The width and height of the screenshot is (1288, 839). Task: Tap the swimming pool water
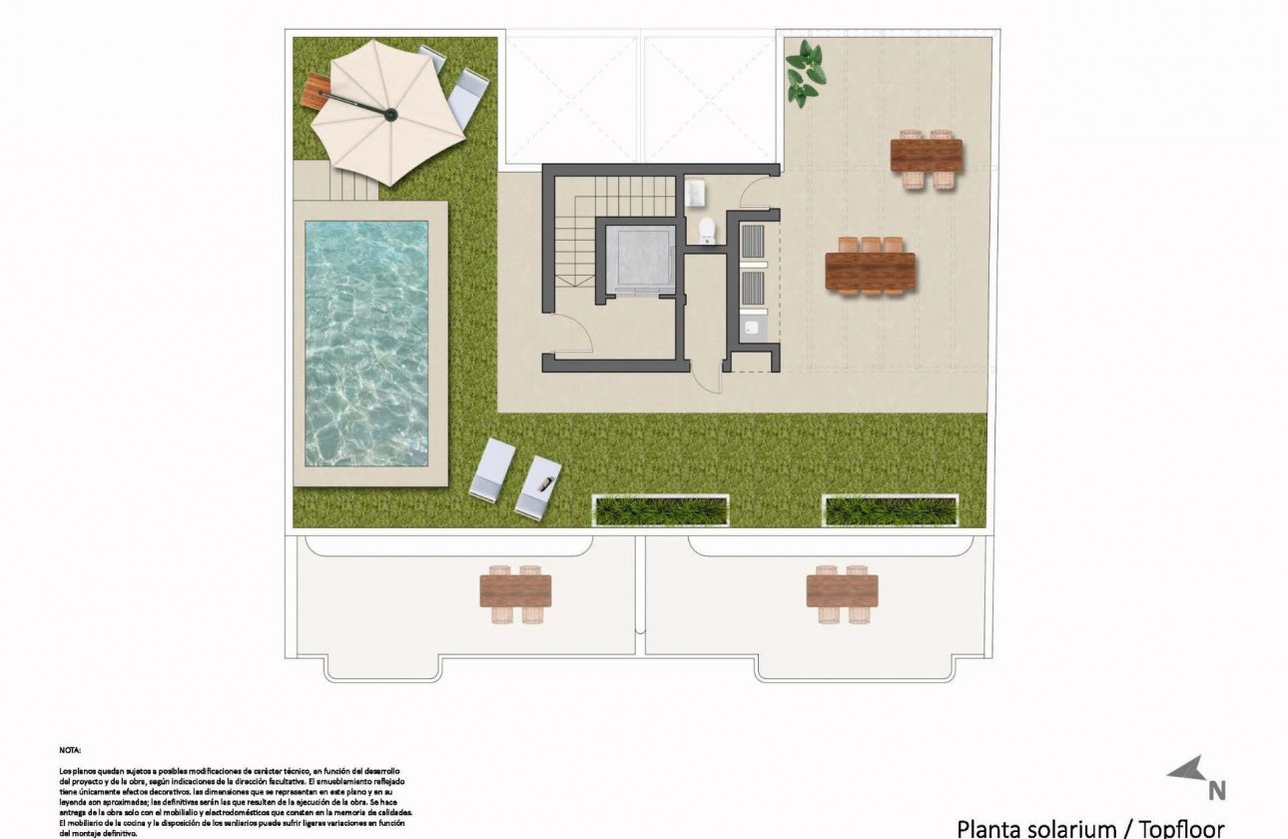pyautogui.click(x=366, y=343)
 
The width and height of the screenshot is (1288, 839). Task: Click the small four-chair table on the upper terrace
pyautogui.click(x=927, y=158)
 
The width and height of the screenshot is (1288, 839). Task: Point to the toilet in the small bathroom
pyautogui.click(x=707, y=229)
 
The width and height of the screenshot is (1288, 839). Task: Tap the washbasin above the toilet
pyautogui.click(x=696, y=190)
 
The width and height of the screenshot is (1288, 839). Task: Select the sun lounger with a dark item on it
pyautogui.click(x=538, y=486)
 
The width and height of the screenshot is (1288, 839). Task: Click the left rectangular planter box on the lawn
pyautogui.click(x=661, y=510)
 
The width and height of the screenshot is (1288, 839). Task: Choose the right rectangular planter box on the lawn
pyautogui.click(x=891, y=510)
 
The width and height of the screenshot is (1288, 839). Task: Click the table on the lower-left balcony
pyautogui.click(x=515, y=591)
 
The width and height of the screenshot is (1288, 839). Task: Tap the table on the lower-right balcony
pyautogui.click(x=842, y=591)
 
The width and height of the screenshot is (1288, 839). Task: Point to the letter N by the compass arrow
pyautogui.click(x=1216, y=790)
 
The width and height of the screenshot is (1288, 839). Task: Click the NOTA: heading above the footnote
pyautogui.click(x=70, y=748)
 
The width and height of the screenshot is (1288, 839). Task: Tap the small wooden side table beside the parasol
pyautogui.click(x=316, y=91)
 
